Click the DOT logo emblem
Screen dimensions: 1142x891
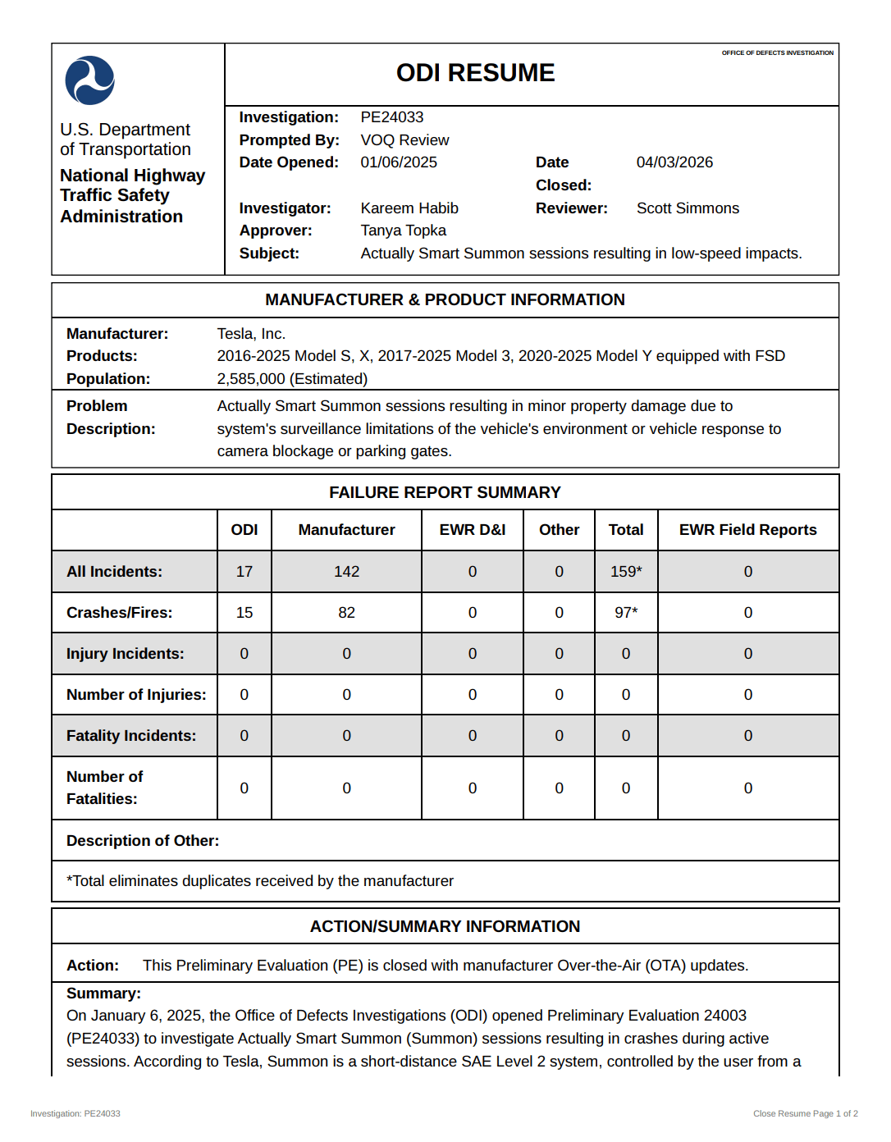[90, 80]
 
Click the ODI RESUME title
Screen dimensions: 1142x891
[475, 73]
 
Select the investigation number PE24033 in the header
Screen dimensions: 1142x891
[392, 117]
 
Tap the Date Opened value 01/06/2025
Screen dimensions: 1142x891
[399, 162]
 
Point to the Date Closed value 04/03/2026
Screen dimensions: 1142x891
[674, 162]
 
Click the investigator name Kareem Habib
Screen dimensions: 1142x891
[409, 208]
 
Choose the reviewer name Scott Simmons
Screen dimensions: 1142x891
[688, 208]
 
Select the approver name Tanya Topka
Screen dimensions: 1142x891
[404, 231]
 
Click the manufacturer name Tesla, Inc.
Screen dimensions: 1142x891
[251, 334]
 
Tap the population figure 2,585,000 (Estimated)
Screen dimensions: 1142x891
[292, 379]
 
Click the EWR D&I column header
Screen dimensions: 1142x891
[473, 530]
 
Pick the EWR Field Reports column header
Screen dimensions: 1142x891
[747, 530]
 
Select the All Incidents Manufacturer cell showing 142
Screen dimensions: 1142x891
[346, 572]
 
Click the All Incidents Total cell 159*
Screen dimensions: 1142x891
[626, 572]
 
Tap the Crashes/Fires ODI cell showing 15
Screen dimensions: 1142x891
[244, 613]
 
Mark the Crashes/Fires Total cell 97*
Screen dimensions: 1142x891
[626, 613]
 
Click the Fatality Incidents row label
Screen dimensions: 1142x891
[131, 736]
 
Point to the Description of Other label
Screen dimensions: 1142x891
[143, 841]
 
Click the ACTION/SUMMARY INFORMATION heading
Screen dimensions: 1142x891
[445, 926]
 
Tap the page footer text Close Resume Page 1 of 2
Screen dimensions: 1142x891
[805, 1113]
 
